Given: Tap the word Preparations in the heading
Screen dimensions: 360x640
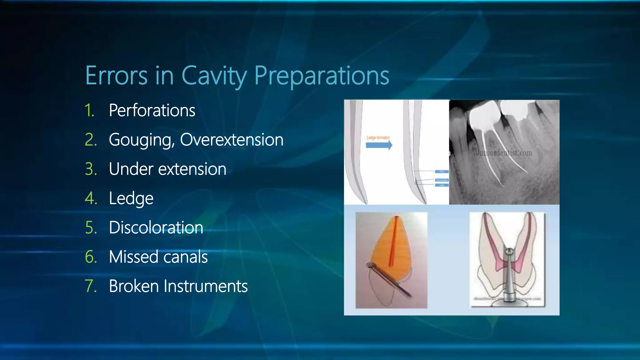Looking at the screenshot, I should tap(322, 76).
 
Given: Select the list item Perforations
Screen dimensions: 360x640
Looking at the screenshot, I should tap(152, 110).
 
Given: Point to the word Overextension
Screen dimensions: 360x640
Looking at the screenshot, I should tap(232, 140).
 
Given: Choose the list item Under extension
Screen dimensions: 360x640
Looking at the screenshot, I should tap(167, 169).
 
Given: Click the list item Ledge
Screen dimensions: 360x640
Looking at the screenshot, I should tap(131, 198).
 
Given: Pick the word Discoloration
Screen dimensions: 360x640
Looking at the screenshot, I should tap(156, 227).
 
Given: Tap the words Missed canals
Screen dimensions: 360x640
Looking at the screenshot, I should tap(158, 257).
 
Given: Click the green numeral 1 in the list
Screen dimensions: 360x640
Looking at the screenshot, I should tap(89, 111).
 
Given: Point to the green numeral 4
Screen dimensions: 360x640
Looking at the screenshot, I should tap(91, 198).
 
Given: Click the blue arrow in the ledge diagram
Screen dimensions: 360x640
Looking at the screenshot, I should tap(379, 145).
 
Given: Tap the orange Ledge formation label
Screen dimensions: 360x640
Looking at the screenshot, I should tap(378, 137).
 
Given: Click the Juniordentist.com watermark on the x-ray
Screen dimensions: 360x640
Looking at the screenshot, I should tap(503, 153).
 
